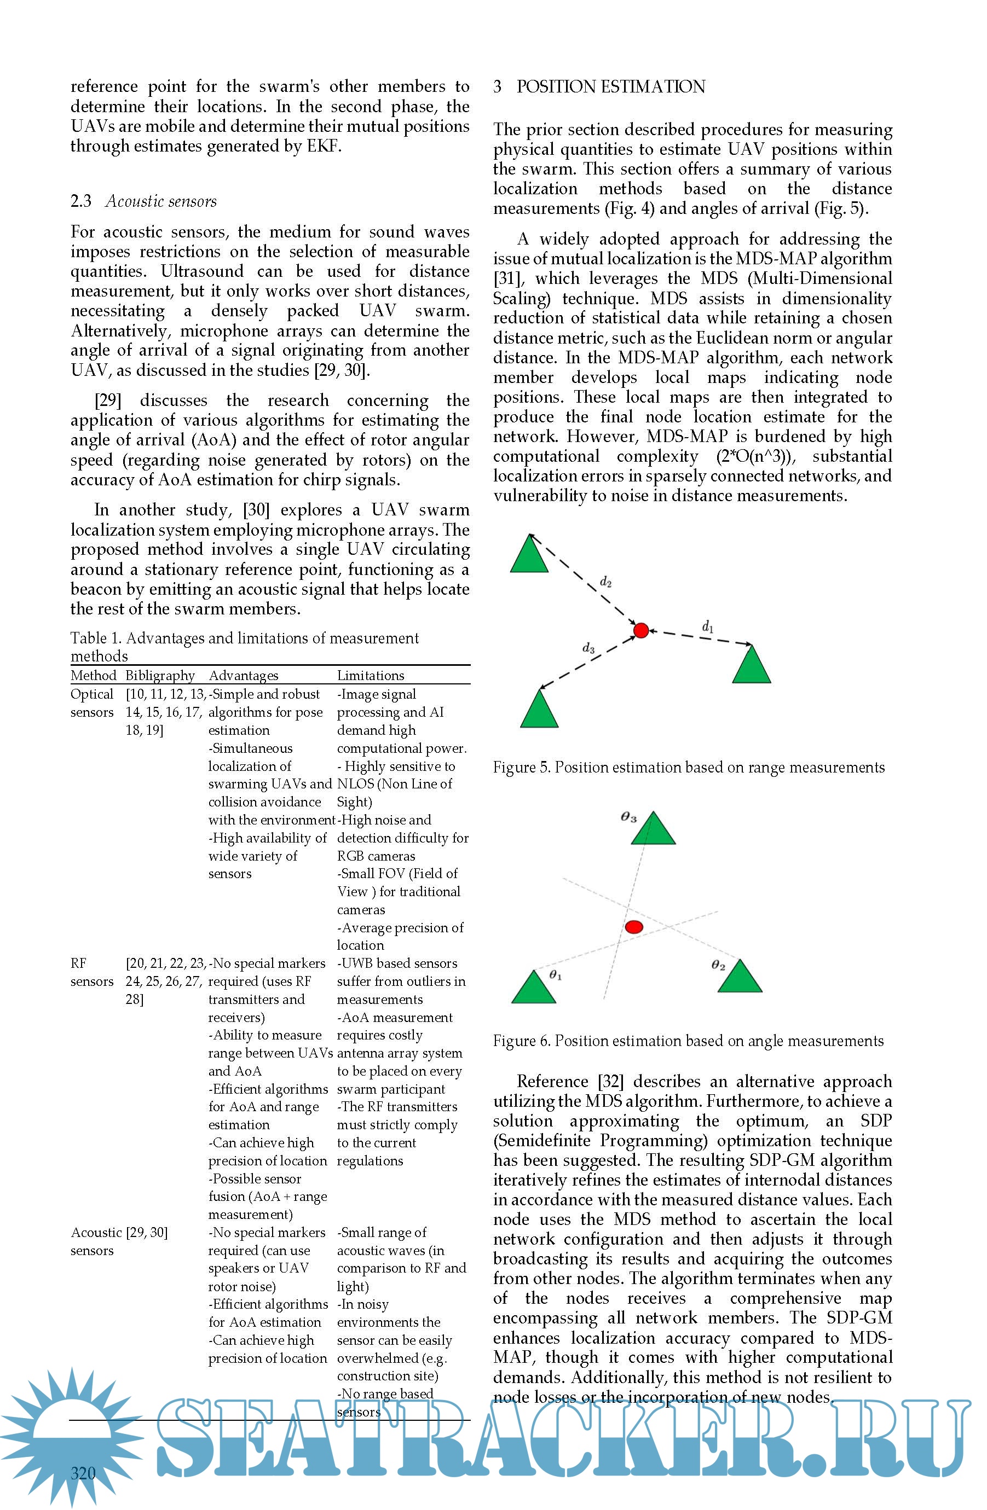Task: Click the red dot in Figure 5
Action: tap(641, 630)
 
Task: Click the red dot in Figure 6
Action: tap(634, 927)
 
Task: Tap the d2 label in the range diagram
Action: tap(605, 582)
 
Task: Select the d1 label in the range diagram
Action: tap(708, 627)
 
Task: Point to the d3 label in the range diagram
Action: tap(588, 648)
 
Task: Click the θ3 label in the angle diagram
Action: tap(628, 817)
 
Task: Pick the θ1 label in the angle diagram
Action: tap(556, 975)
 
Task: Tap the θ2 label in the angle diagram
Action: tap(718, 966)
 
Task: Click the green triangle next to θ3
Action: tap(653, 830)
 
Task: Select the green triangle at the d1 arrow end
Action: tap(752, 666)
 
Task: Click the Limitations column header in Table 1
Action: tap(370, 675)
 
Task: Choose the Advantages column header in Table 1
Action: tap(243, 675)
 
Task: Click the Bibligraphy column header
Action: tap(160, 675)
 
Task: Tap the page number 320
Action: tap(83, 1473)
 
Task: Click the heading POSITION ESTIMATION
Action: tap(610, 86)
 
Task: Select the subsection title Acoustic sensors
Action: tap(160, 201)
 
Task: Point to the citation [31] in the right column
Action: tap(506, 278)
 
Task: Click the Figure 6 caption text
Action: tap(688, 1041)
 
